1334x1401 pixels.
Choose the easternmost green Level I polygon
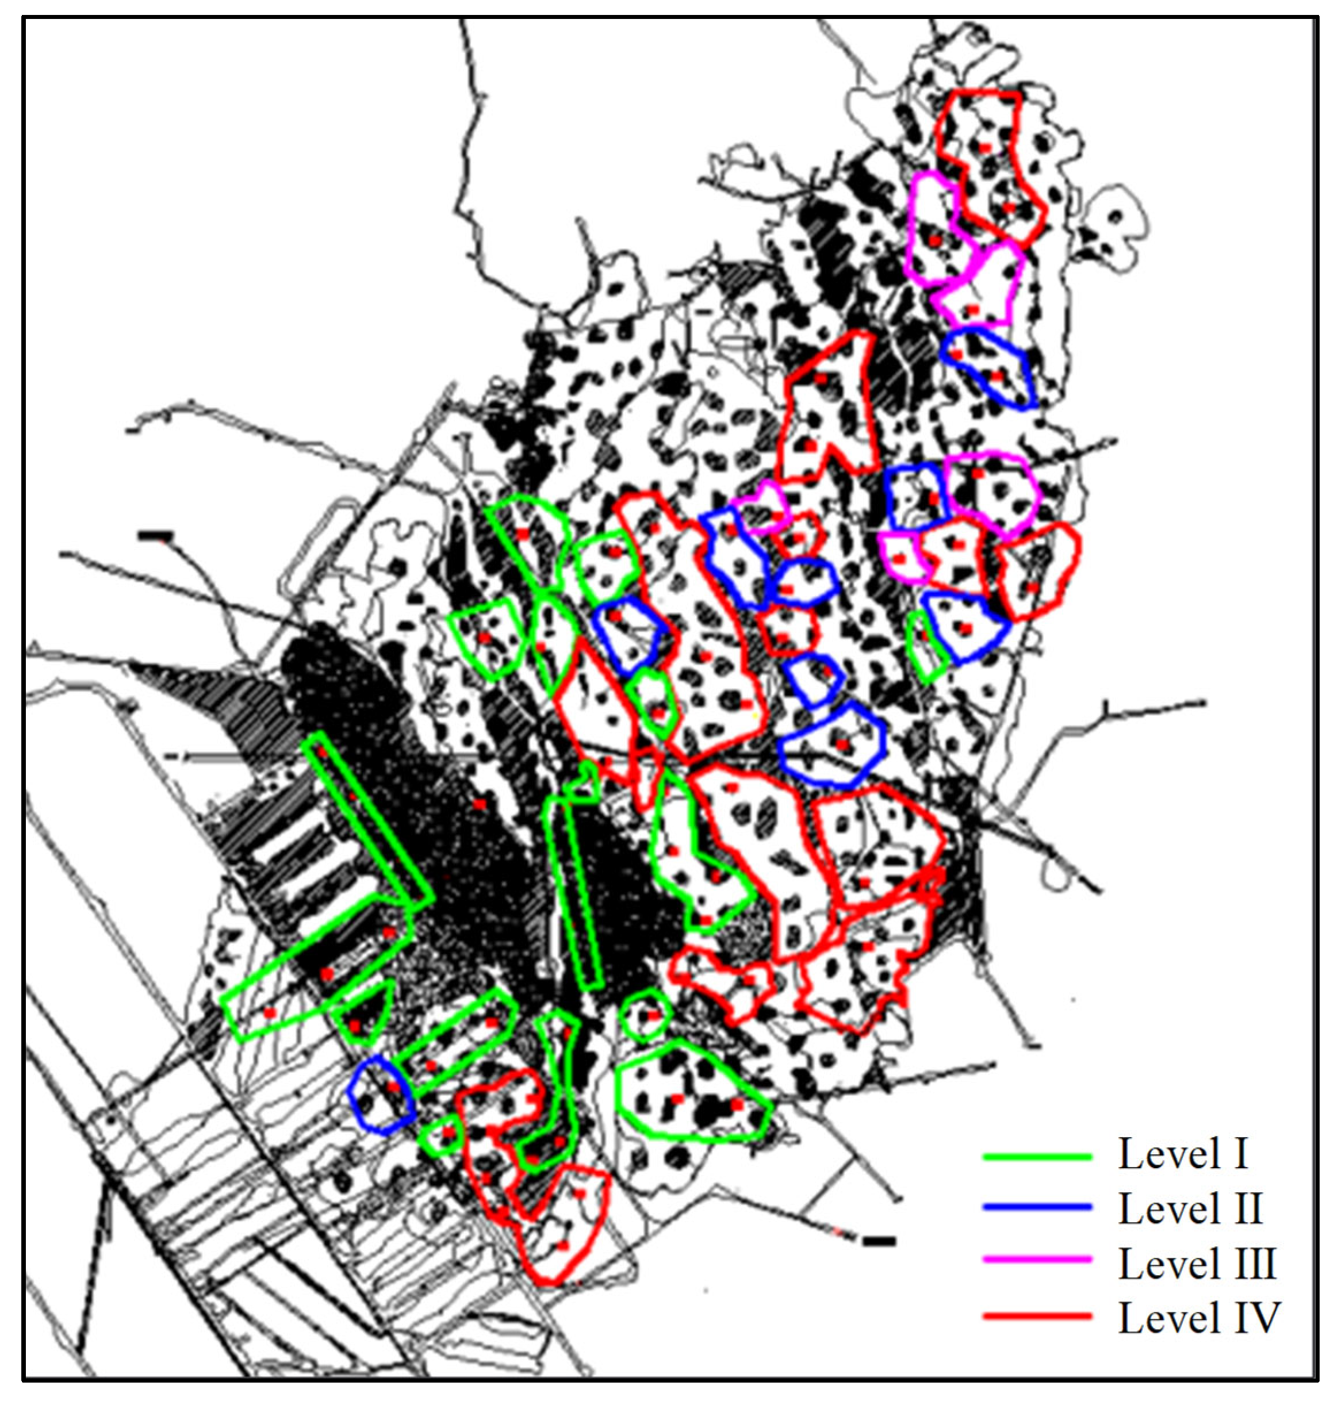(x=929, y=647)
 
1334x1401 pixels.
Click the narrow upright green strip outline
(x=573, y=889)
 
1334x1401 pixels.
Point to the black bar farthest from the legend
(x=156, y=535)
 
